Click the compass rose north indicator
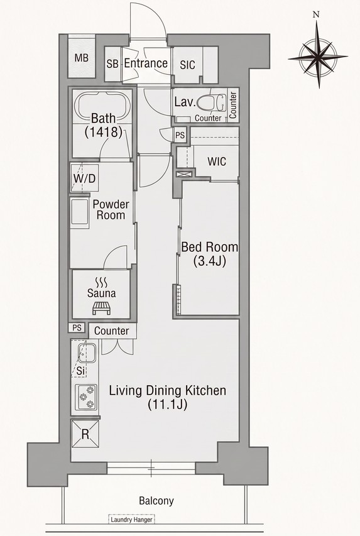(316, 14)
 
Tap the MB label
(82, 58)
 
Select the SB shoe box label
(112, 64)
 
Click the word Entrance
(146, 63)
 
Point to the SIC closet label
(187, 65)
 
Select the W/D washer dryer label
(84, 178)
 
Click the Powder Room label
(111, 209)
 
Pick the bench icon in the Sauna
(102, 308)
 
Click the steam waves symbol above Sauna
(102, 282)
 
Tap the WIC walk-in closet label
(217, 161)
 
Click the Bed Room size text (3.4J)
(210, 262)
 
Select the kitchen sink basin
(86, 354)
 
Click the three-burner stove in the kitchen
(86, 397)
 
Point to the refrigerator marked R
(85, 434)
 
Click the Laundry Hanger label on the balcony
(131, 520)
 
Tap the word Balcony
(156, 501)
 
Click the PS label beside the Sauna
(77, 328)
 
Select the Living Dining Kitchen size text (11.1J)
(167, 405)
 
